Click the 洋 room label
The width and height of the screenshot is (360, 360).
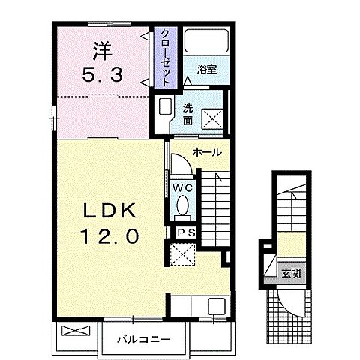click(x=103, y=51)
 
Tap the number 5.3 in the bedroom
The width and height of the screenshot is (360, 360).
click(x=103, y=75)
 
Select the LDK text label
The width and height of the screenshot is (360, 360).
click(x=109, y=211)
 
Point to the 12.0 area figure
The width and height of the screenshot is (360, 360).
click(x=109, y=236)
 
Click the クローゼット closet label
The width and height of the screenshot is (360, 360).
click(x=166, y=58)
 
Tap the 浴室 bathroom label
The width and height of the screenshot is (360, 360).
click(x=207, y=69)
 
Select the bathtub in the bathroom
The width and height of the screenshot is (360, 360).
click(x=207, y=41)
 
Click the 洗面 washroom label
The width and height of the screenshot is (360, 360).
click(x=187, y=114)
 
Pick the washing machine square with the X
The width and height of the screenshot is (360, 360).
click(x=212, y=119)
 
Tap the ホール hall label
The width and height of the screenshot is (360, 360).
click(x=207, y=152)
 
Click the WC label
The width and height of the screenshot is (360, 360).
click(x=183, y=188)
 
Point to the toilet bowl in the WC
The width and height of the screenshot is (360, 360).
click(x=183, y=205)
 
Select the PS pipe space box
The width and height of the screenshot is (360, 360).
click(x=186, y=233)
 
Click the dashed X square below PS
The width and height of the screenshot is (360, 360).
click(x=183, y=254)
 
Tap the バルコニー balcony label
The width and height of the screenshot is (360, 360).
click(x=144, y=340)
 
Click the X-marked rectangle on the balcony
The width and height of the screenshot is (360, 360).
click(x=75, y=331)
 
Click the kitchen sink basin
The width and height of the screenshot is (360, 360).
click(x=217, y=306)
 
